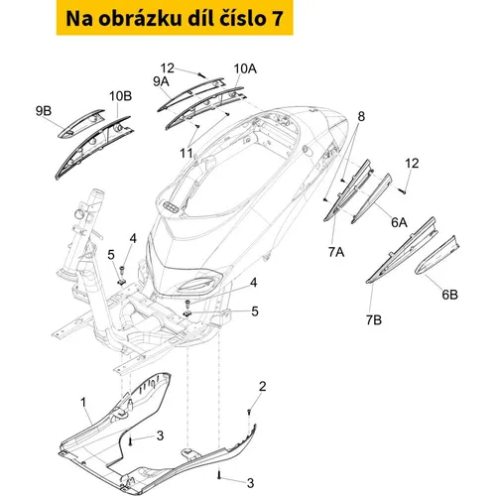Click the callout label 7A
pos(336,252)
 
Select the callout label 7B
pos(374,319)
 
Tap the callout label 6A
pos(399,222)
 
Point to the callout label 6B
pos(449,295)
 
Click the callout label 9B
pos(44,111)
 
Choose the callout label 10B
pos(121,96)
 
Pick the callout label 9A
pos(161,81)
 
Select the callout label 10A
pos(245,68)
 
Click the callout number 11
pos(186,153)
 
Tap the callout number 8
pos(361,116)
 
